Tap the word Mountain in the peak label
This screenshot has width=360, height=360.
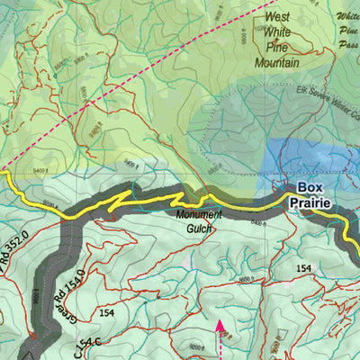tap(277, 64)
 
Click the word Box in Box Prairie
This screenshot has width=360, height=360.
tap(310, 187)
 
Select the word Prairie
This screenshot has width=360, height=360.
tap(310, 203)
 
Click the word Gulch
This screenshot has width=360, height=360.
tap(197, 229)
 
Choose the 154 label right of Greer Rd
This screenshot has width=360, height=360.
tap(110, 312)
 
